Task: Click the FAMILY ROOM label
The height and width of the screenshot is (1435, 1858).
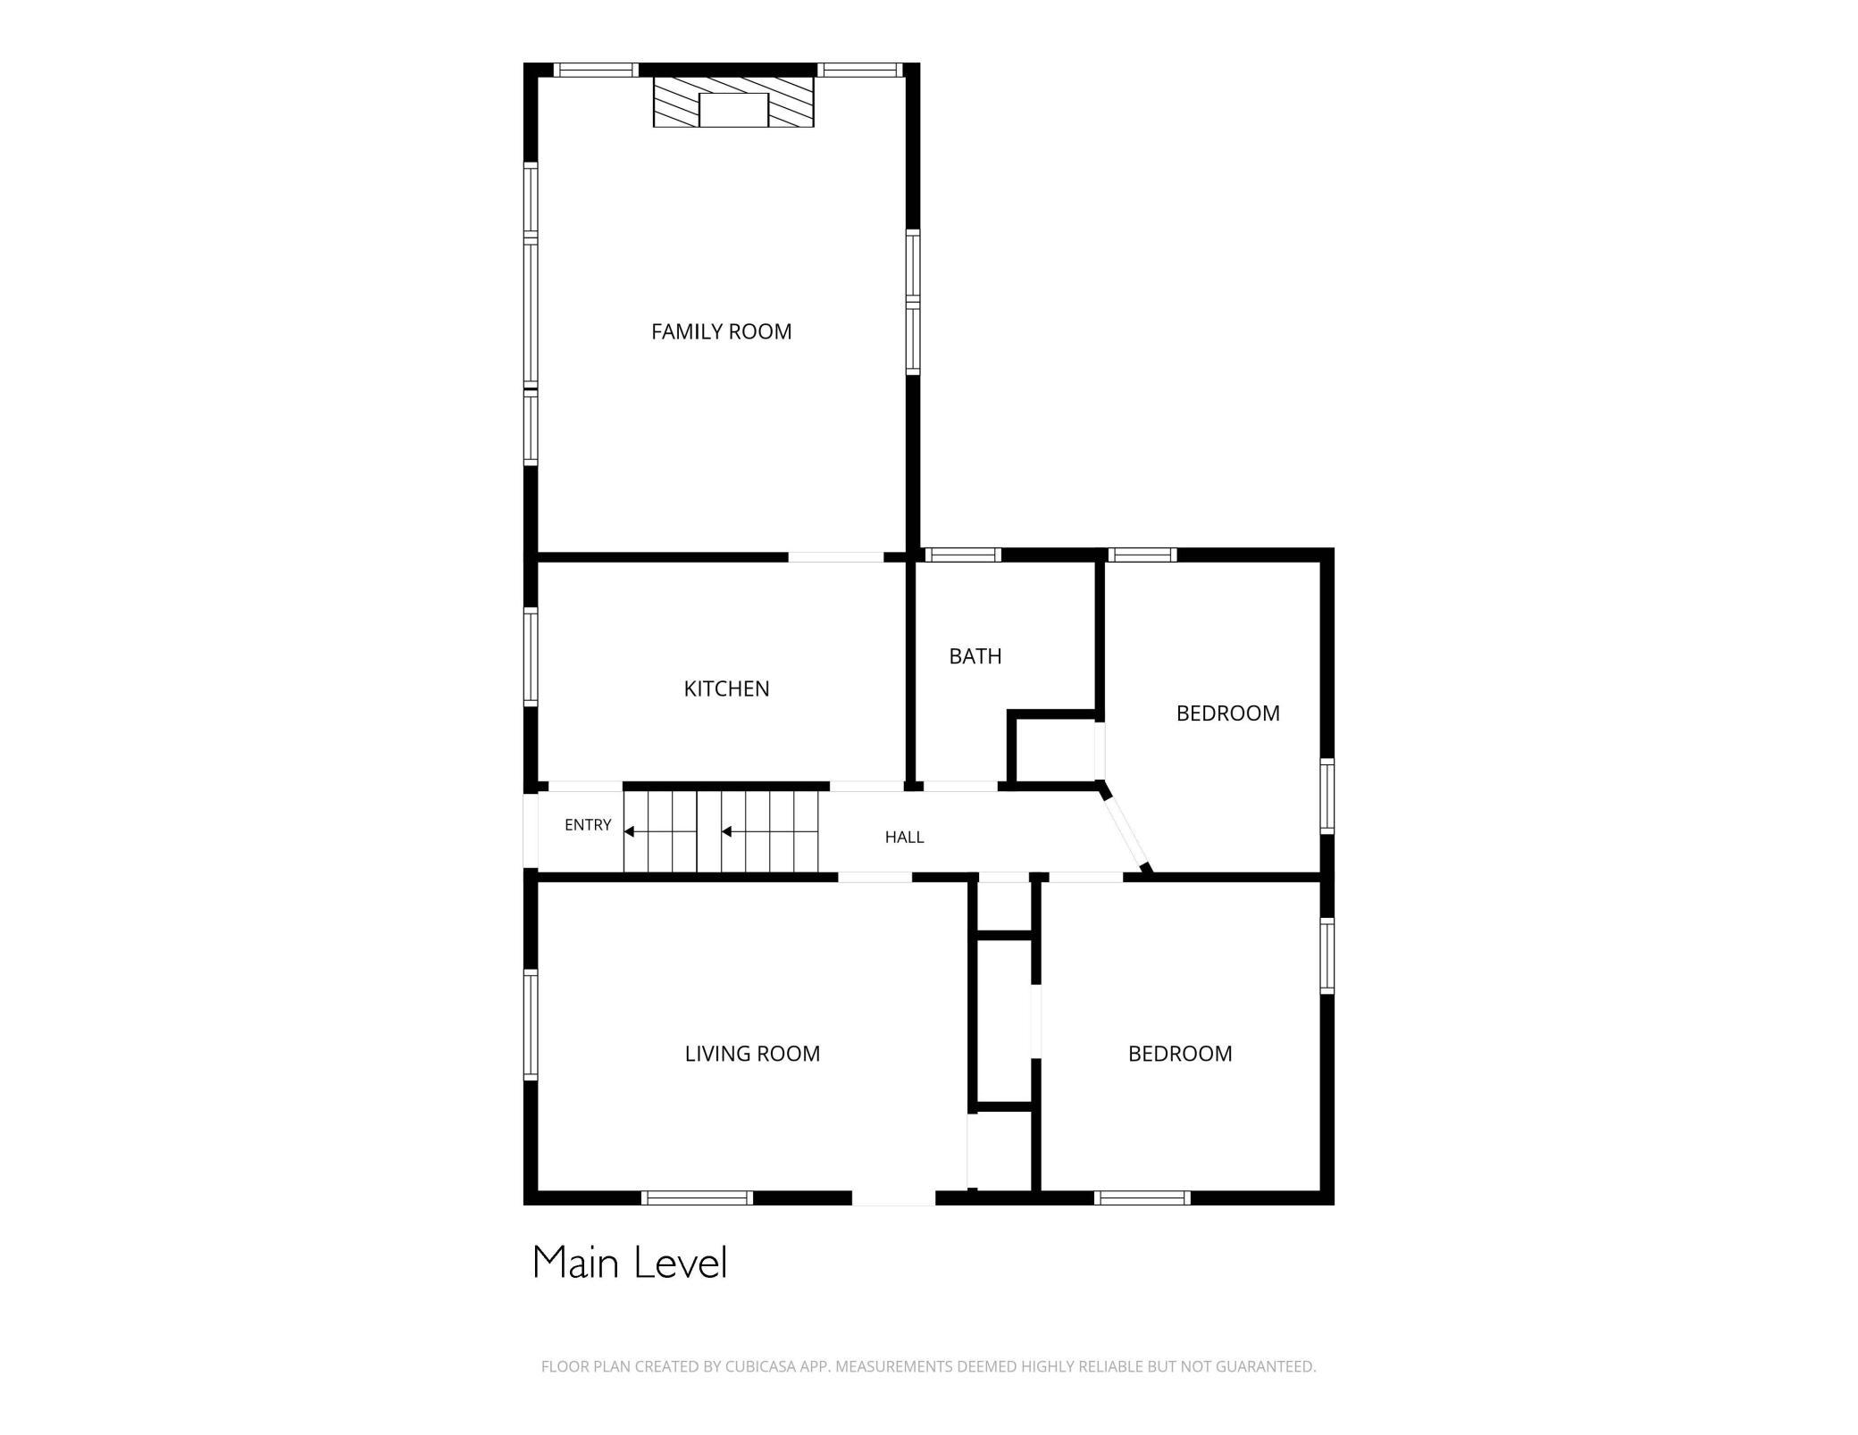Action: point(721,331)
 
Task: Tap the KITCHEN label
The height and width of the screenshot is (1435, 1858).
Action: point(726,688)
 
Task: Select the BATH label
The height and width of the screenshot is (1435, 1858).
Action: point(975,656)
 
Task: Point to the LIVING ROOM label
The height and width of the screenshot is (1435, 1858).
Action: point(752,1054)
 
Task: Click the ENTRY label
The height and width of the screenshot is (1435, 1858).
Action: point(588,825)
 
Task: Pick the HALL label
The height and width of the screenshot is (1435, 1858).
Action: point(904,837)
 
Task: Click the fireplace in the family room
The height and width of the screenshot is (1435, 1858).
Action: point(733,102)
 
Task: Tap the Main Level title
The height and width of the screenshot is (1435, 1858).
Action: point(630,1263)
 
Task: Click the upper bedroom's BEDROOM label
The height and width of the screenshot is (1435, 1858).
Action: point(1227,713)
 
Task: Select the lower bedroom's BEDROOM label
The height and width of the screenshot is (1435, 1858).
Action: point(1180,1054)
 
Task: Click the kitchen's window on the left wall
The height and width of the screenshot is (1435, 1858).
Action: point(531,656)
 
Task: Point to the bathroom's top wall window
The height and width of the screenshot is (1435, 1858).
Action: point(962,555)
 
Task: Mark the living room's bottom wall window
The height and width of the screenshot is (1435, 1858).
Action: point(698,1197)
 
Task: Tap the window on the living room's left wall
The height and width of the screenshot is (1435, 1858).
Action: point(531,1025)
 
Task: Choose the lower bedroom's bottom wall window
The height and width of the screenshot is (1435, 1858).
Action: point(1142,1197)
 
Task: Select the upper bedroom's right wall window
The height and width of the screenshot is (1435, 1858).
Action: point(1327,797)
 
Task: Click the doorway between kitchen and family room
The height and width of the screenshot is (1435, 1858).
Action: point(836,557)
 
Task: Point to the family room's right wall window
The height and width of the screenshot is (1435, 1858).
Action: point(913,302)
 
